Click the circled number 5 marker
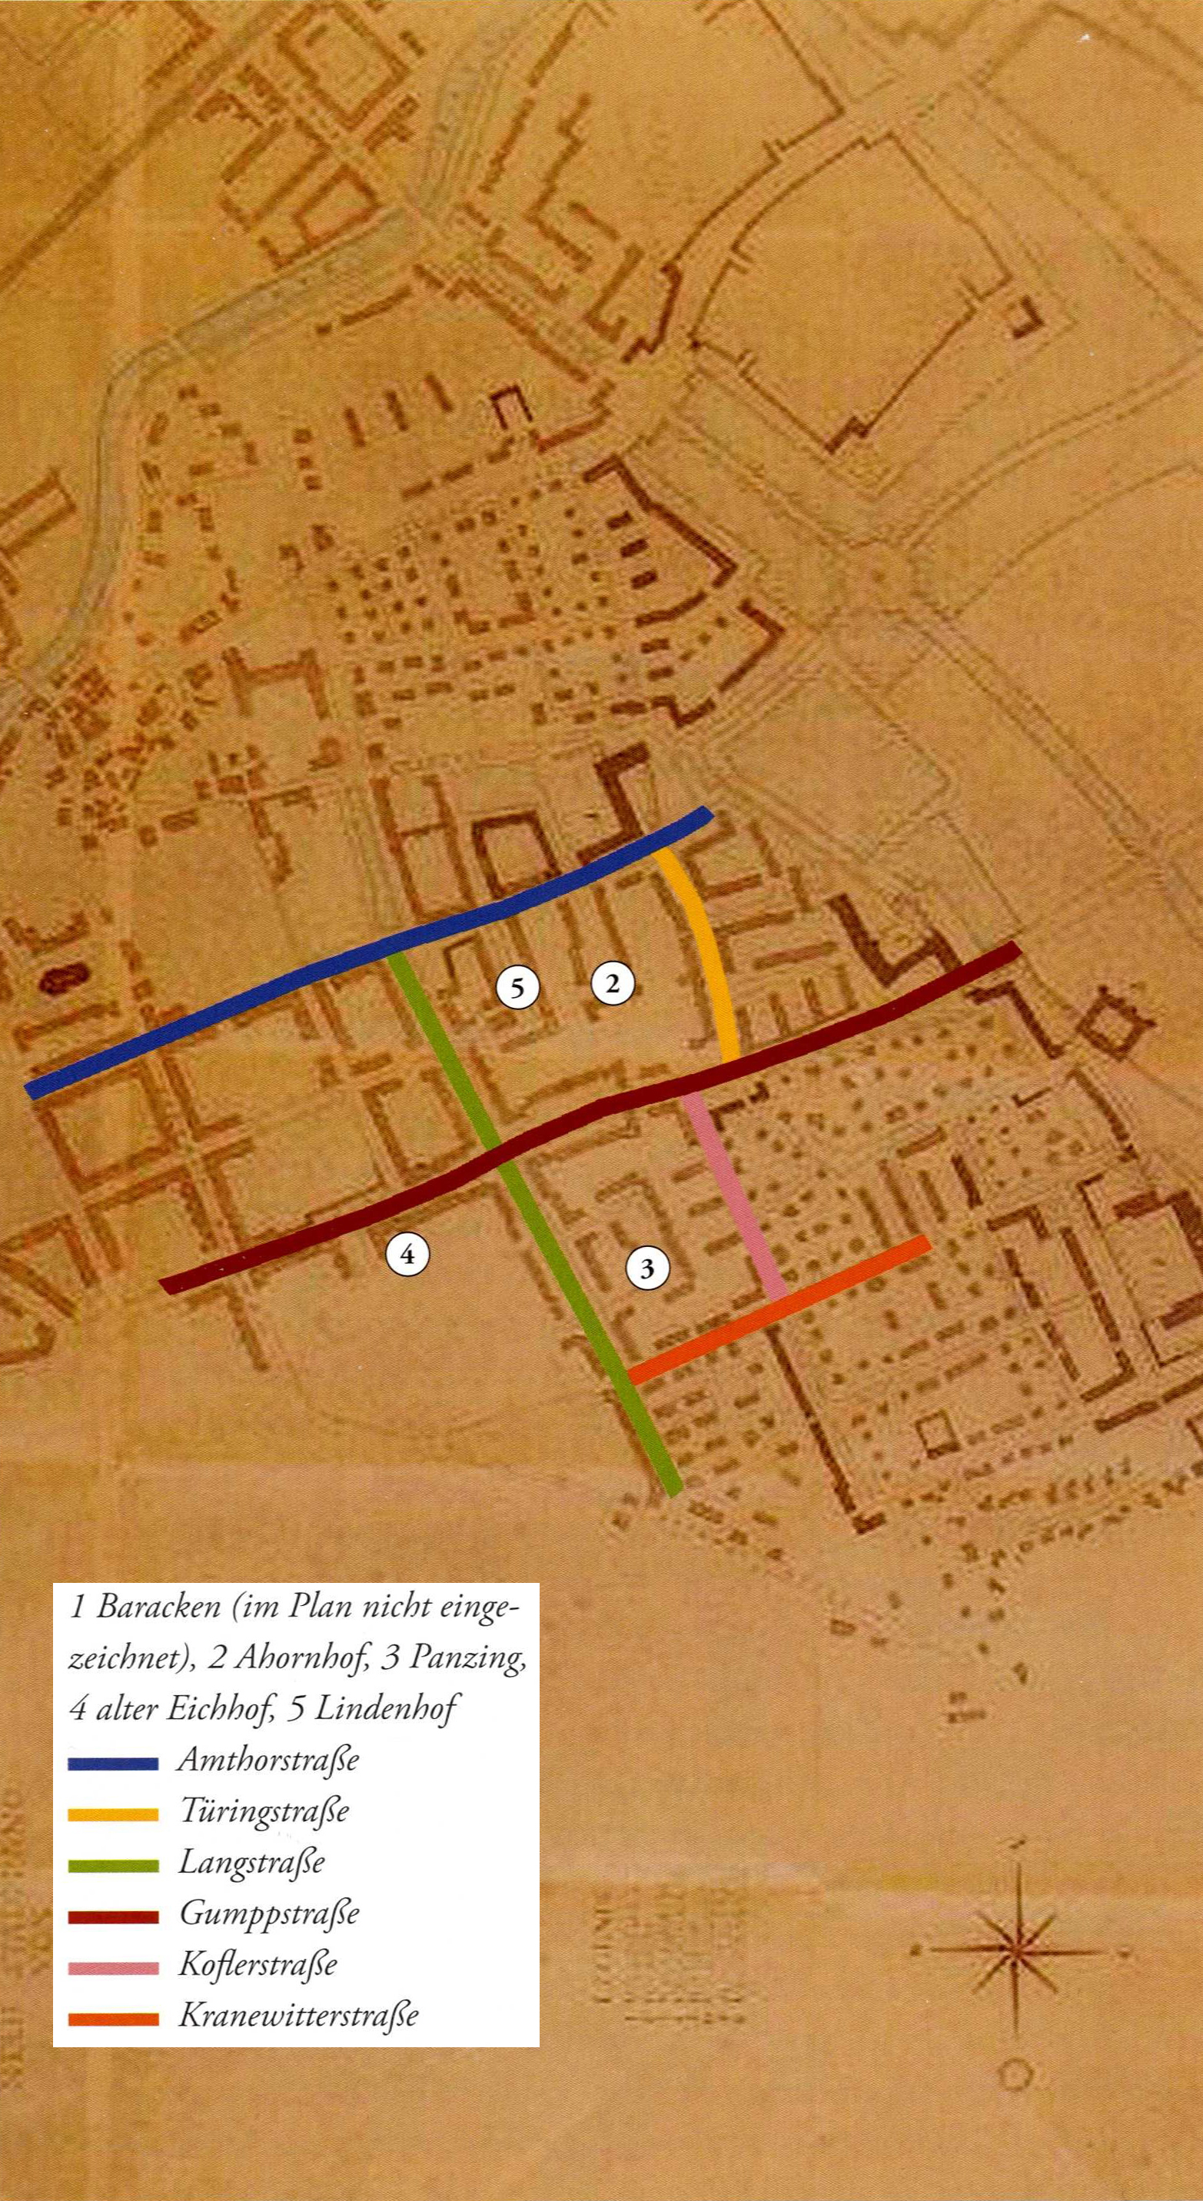click(x=517, y=988)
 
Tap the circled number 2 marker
click(x=612, y=983)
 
